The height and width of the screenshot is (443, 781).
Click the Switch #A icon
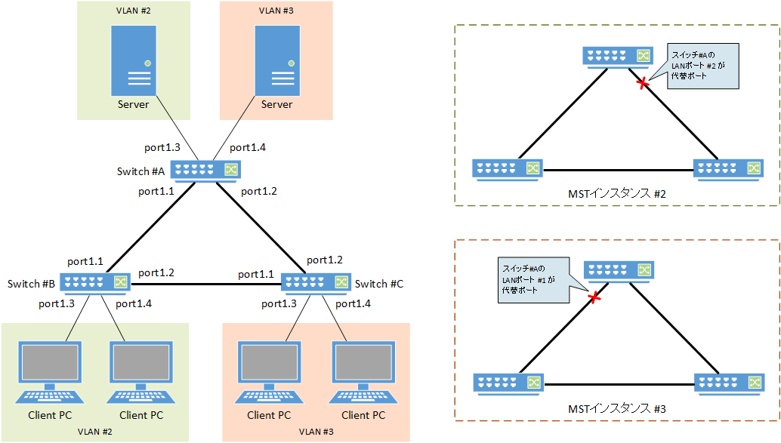coord(205,171)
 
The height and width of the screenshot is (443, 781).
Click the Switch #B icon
coord(95,283)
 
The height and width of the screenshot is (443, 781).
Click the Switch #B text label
coord(31,284)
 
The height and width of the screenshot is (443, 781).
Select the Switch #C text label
coord(379,284)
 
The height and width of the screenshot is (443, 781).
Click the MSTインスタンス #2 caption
coord(616,195)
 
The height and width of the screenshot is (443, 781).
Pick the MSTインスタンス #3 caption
coord(616,409)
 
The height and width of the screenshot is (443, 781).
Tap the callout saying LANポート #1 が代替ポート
coord(532,279)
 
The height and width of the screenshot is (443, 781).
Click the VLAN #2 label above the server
coord(133,11)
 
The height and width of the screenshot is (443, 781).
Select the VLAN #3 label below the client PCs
coord(316,432)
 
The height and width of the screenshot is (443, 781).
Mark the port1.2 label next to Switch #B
coord(157,272)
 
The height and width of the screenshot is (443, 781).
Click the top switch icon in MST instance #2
coord(616,56)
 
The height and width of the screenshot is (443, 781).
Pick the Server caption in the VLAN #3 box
coord(277,104)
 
